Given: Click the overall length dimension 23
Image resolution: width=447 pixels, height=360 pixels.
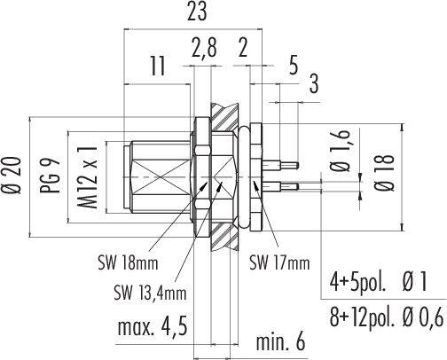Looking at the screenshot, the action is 197,12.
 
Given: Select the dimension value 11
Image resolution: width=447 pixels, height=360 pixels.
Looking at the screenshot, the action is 158,66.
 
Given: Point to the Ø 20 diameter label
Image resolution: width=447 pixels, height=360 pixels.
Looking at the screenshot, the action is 14,176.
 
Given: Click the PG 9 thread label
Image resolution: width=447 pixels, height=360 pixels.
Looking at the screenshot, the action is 51,176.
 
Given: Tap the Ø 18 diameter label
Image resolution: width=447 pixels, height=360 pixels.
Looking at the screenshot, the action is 385,173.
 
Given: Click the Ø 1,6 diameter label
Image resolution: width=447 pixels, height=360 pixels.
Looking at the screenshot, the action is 341,151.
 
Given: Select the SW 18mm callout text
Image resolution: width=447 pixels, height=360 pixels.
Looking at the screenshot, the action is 128,262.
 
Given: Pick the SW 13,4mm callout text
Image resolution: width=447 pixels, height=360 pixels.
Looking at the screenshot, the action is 150,293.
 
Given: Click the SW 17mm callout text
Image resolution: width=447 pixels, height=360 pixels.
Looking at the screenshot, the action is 279,262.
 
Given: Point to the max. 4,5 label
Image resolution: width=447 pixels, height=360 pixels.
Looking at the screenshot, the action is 153,327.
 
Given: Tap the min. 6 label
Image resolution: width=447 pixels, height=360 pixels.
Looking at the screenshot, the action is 280,342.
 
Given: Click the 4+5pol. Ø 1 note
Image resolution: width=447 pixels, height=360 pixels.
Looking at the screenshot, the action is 378,282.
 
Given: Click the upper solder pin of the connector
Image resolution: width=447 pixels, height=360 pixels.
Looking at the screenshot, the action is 280,165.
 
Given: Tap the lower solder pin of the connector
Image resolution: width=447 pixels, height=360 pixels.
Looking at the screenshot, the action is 280,186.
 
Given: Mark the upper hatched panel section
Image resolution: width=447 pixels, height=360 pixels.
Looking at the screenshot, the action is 224,118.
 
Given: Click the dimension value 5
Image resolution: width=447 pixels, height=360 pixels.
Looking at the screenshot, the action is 294,66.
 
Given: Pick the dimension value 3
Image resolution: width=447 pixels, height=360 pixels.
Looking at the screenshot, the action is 314,83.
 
